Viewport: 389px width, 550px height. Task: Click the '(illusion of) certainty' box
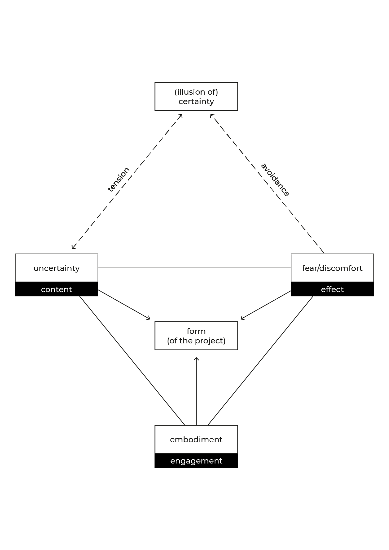[196, 96]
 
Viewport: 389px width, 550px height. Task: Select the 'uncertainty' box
[57, 268]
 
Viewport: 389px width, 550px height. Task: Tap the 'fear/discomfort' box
[332, 268]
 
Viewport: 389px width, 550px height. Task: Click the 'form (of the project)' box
[196, 336]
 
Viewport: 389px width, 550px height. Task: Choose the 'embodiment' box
[196, 439]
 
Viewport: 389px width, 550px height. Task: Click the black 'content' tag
[57, 289]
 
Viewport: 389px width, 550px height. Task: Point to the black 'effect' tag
[332, 289]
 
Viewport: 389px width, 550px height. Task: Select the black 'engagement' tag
[196, 461]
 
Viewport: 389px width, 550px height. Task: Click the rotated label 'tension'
[119, 180]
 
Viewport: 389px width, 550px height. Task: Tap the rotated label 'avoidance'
[275, 180]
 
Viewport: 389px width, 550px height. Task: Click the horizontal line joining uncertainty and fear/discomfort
[194, 268]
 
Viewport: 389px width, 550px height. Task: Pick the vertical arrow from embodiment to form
[196, 392]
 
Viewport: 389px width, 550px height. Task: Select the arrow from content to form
[124, 304]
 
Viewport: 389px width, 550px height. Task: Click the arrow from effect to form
[266, 305]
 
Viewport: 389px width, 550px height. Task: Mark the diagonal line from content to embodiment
[132, 361]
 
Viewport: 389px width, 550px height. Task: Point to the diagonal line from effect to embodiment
[260, 361]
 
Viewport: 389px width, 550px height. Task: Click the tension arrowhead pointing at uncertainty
[73, 247]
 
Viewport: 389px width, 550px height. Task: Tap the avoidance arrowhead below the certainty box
[212, 116]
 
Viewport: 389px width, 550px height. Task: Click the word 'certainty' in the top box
[196, 102]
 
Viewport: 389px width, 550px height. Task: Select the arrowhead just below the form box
[196, 359]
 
